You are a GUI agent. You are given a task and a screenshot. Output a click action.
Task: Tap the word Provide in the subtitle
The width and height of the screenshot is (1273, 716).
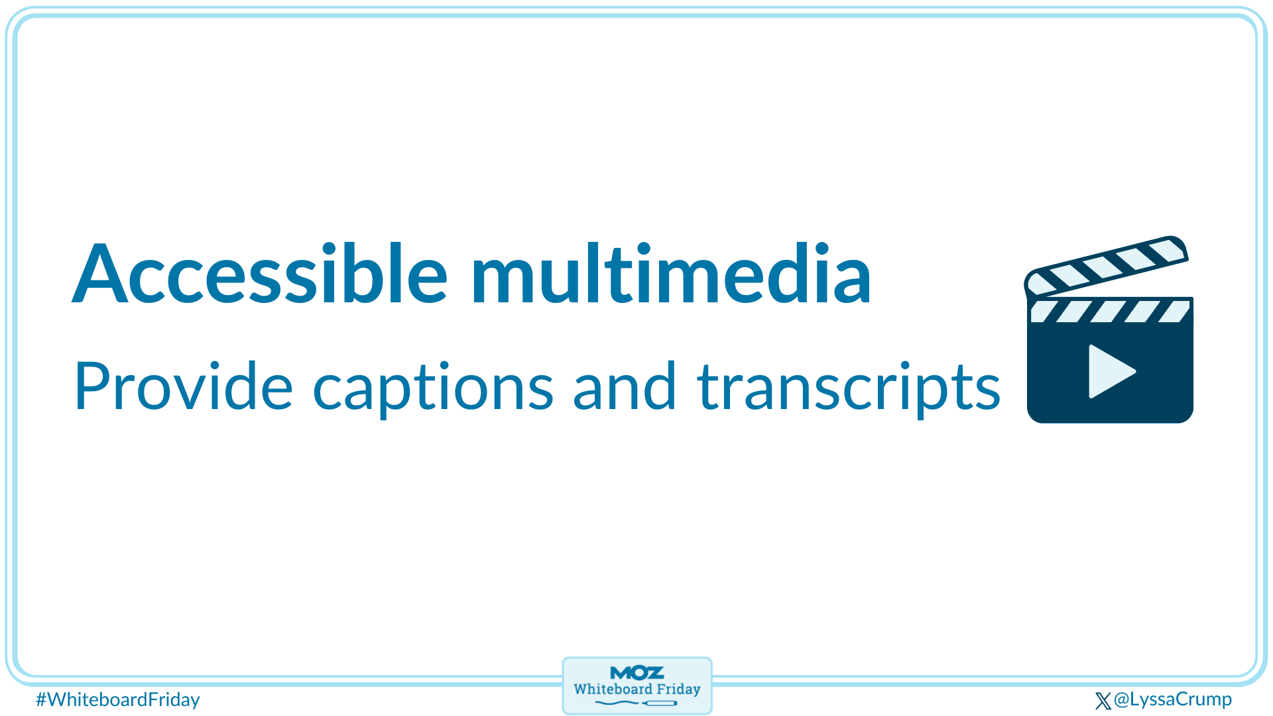(x=183, y=387)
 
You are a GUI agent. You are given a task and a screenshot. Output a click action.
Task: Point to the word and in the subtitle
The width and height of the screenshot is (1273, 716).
(x=624, y=387)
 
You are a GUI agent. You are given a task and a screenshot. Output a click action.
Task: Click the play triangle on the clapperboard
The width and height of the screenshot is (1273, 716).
(x=1109, y=371)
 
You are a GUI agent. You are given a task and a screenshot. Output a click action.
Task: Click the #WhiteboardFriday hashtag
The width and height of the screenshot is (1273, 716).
(x=118, y=699)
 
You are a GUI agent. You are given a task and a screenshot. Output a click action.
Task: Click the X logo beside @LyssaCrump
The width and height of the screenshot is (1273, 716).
(x=1103, y=701)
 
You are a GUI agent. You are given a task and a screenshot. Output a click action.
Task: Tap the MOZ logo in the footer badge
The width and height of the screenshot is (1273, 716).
(x=636, y=673)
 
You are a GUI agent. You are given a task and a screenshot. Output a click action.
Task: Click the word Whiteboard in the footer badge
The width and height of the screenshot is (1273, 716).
(x=613, y=689)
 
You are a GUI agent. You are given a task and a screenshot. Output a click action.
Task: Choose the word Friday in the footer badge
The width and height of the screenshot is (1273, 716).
(x=678, y=689)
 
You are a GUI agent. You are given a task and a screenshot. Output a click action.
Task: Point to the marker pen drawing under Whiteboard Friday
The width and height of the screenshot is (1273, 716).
(x=660, y=703)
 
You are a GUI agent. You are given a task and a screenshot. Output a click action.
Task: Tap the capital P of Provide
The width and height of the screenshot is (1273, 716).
(x=90, y=387)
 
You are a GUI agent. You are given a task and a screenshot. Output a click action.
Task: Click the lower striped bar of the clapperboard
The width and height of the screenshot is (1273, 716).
(x=1110, y=311)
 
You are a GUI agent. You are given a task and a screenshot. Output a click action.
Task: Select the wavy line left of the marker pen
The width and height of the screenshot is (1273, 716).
(x=617, y=703)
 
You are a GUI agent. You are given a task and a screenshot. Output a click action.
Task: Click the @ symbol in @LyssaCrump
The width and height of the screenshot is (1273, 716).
(x=1121, y=699)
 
